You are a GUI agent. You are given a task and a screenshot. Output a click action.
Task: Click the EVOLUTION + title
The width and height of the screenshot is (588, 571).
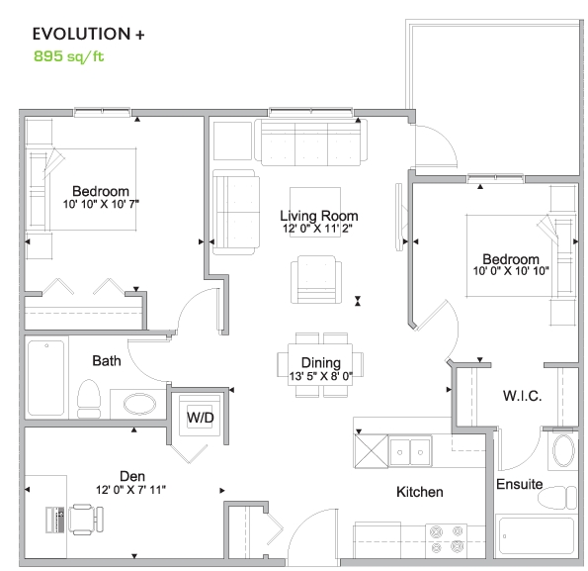(x=89, y=34)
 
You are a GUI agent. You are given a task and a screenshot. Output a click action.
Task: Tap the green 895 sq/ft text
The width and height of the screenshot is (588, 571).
(x=68, y=56)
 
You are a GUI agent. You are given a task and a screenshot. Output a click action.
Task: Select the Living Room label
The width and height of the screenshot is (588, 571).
(x=319, y=216)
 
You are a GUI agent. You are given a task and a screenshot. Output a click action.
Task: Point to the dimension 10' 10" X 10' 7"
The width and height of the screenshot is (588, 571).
(x=101, y=204)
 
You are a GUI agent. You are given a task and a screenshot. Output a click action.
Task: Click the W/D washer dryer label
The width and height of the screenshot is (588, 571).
(x=201, y=417)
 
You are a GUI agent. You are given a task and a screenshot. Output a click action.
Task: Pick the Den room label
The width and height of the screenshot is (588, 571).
(x=132, y=476)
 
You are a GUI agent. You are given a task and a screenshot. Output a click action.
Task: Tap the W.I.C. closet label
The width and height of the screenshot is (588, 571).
(x=522, y=396)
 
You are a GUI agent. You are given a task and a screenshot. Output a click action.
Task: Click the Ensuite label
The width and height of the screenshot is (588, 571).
(x=520, y=484)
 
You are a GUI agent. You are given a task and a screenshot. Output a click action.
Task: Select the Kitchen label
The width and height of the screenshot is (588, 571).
(x=420, y=492)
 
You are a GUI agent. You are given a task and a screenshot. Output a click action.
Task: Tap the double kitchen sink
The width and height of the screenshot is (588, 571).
(x=410, y=452)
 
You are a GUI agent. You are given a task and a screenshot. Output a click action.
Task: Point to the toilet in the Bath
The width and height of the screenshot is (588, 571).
(x=89, y=399)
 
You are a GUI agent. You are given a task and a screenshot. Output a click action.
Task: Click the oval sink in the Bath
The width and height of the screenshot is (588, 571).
(x=139, y=405)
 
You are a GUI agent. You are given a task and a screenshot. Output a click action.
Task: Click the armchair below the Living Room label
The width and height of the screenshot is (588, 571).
(x=316, y=279)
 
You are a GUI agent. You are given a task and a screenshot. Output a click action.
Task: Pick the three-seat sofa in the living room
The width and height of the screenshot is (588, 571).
(x=311, y=143)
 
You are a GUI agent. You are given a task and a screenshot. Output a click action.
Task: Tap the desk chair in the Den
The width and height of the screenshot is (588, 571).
(x=85, y=520)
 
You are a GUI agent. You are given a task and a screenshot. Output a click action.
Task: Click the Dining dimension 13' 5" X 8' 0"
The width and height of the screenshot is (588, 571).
(x=321, y=376)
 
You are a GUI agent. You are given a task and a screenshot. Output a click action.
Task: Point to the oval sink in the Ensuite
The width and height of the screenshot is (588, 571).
(x=563, y=450)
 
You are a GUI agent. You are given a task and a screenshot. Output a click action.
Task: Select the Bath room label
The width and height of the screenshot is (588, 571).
(x=107, y=361)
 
